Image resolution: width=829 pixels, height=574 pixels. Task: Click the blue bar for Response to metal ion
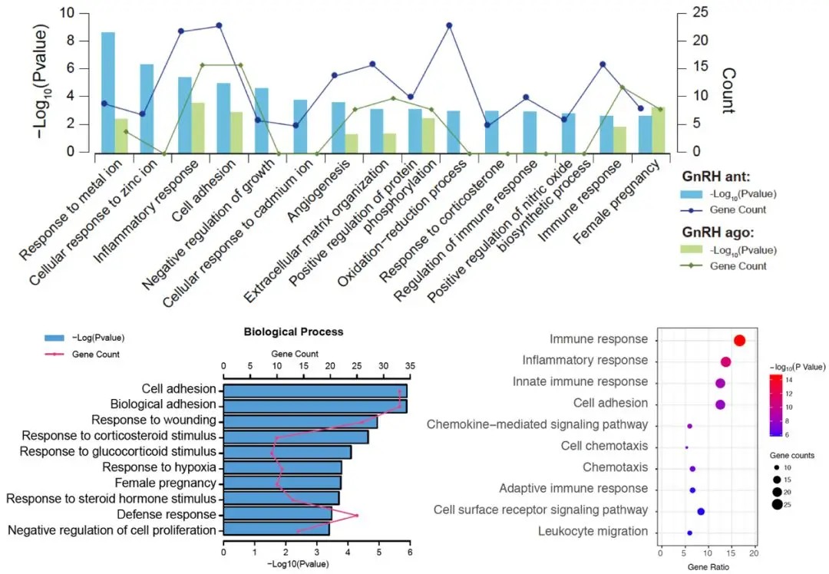click(x=107, y=92)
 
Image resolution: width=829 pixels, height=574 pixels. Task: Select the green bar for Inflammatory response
click(x=197, y=127)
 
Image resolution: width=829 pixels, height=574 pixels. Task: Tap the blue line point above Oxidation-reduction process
click(x=449, y=25)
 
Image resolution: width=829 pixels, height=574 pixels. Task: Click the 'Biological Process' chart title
click(x=293, y=332)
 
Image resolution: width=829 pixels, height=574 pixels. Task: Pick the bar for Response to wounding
click(x=300, y=421)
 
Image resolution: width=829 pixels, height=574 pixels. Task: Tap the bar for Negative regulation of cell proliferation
click(x=276, y=529)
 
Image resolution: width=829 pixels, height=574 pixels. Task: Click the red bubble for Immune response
click(x=739, y=341)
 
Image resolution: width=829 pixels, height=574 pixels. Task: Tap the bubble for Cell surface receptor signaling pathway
click(x=700, y=511)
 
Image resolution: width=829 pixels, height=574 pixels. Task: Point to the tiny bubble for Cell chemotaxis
click(x=686, y=447)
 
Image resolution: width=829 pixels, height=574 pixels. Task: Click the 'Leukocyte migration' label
click(x=593, y=531)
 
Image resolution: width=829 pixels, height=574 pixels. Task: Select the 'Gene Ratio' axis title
click(x=707, y=567)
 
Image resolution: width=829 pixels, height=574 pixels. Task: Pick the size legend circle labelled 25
click(x=778, y=504)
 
